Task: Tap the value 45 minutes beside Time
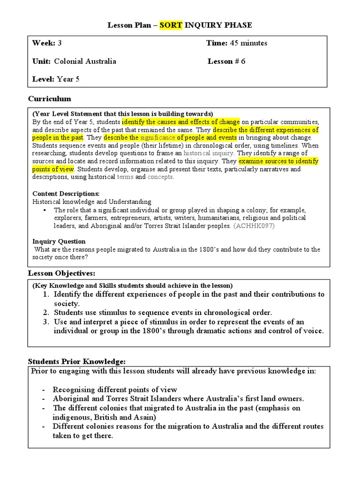(x=248, y=43)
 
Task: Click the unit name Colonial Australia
(x=85, y=61)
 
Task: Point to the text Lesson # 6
(x=226, y=61)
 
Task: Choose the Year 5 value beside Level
(x=68, y=79)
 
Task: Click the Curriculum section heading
(x=50, y=99)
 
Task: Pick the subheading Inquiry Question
(x=59, y=241)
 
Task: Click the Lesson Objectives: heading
(x=61, y=273)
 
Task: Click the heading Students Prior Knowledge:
(x=76, y=361)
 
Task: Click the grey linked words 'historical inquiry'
(x=209, y=153)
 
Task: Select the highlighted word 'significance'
(x=157, y=138)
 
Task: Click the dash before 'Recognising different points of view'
(x=44, y=390)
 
